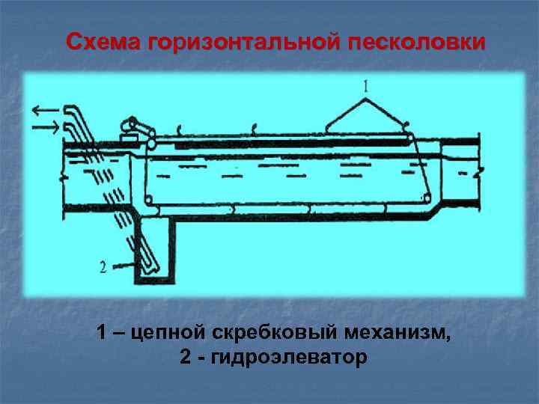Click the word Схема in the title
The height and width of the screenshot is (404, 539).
coord(104,41)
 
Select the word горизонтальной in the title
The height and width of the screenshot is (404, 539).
coord(244,41)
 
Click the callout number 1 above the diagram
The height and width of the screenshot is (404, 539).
coord(366,87)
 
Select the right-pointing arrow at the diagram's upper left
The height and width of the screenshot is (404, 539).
coord(45,128)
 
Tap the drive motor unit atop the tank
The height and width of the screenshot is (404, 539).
coord(135,132)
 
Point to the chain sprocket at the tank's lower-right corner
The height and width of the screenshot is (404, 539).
coord(425,199)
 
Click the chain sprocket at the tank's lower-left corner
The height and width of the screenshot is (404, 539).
coord(148,200)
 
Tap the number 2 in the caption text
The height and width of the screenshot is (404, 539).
coord(185,358)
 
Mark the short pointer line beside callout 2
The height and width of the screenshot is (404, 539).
coord(124,263)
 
